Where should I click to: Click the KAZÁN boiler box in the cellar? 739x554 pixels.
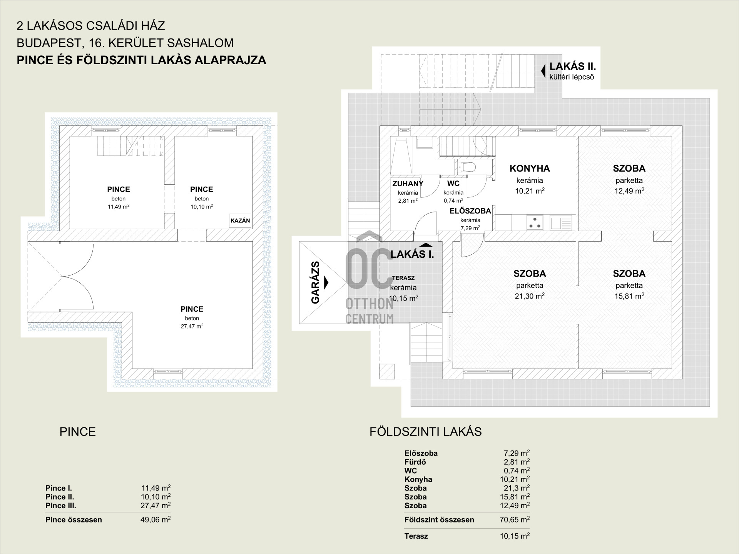click(x=240, y=221)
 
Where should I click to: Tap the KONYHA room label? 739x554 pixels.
click(x=530, y=169)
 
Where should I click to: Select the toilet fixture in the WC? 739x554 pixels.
click(x=467, y=167)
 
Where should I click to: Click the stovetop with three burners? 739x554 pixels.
click(x=535, y=222)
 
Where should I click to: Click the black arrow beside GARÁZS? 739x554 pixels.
click(x=326, y=282)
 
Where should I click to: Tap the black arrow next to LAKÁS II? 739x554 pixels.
click(x=543, y=71)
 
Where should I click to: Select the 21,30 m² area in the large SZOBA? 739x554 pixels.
click(x=530, y=296)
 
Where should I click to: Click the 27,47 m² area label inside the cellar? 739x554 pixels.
click(x=192, y=326)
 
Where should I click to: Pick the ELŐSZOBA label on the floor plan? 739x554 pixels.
click(x=470, y=211)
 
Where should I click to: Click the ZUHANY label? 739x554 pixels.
click(x=408, y=184)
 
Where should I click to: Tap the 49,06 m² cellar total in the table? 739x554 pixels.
click(x=155, y=520)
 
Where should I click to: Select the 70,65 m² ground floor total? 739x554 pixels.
click(x=515, y=520)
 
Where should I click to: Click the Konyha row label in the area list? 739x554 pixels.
click(x=418, y=479)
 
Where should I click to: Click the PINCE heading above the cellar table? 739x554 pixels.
click(x=77, y=432)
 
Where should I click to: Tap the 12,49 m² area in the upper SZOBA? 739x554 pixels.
click(x=629, y=190)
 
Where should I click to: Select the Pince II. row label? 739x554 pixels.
click(x=60, y=497)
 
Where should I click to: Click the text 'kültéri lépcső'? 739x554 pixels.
click(x=572, y=77)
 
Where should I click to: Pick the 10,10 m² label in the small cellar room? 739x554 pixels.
click(x=202, y=207)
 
